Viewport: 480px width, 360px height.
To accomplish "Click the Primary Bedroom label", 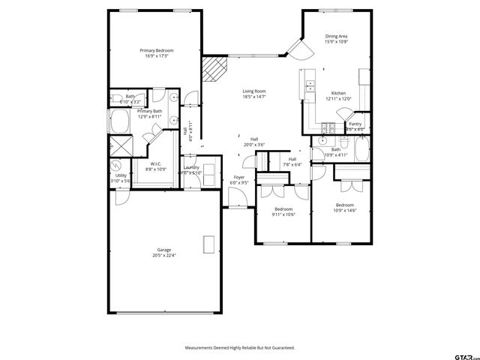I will [156, 52].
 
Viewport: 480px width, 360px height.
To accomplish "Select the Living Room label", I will [254, 94].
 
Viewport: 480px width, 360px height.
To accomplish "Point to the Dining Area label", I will [336, 39].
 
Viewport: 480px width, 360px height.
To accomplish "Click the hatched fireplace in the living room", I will [214, 73].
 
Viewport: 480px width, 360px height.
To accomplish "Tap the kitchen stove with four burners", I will [327, 128].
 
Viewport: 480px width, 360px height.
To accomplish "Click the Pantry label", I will [355, 126].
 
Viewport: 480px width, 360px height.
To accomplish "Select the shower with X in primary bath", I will [119, 144].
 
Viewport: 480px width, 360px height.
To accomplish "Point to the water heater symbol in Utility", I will [117, 166].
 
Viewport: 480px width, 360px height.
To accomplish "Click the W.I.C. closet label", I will [156, 166].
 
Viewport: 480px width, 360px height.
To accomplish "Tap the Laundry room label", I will [191, 169].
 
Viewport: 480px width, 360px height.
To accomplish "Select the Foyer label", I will [238, 179].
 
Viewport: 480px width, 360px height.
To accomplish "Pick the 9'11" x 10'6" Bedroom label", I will [283, 211].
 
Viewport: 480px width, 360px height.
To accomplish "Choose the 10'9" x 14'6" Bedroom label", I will [345, 207].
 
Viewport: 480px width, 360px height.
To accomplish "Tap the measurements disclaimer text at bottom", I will [240, 348].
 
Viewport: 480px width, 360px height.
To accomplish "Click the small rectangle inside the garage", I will [209, 244].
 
